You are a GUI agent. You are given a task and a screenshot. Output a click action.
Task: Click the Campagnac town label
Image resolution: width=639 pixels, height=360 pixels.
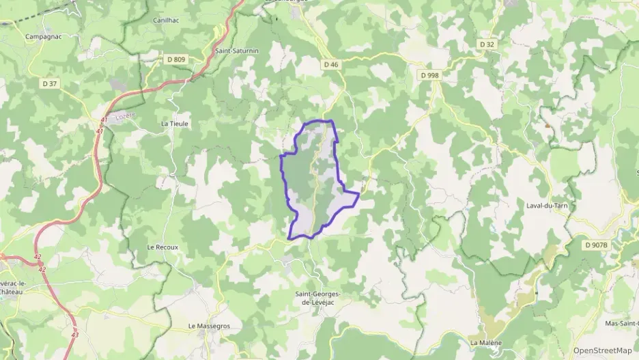tap(43, 36)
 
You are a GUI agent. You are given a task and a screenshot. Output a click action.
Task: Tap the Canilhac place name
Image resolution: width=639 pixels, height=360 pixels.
tap(167, 21)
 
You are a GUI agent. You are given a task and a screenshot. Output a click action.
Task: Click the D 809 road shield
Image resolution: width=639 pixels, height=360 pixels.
tap(175, 59)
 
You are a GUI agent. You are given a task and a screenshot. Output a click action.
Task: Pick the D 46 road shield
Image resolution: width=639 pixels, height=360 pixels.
tap(331, 64)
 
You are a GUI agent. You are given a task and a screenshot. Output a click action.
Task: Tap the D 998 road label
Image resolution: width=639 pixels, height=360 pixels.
tap(429, 75)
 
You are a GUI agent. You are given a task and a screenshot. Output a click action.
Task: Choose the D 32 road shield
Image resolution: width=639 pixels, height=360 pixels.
tap(487, 44)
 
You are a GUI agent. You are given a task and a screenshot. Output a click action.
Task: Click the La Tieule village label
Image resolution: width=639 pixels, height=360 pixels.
tap(174, 124)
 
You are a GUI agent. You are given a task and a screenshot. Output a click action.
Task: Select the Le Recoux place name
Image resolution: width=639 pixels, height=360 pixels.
tap(162, 247)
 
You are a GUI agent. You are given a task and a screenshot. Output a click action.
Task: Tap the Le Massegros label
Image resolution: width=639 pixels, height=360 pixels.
tap(210, 327)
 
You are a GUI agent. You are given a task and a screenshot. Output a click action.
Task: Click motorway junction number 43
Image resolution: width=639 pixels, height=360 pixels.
tap(74, 333)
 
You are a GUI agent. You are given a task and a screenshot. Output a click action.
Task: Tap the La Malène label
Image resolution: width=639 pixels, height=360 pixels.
tap(486, 342)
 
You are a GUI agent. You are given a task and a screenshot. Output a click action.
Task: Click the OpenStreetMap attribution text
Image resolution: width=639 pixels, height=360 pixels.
tap(603, 350)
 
